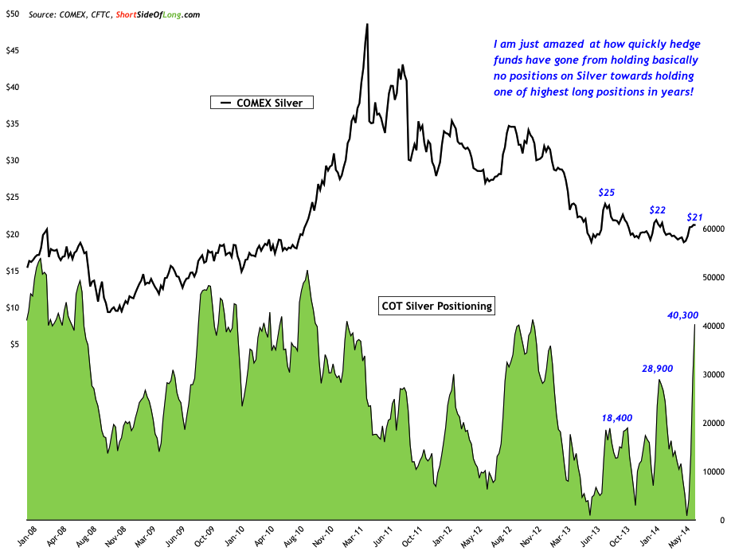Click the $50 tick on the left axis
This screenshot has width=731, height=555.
point(13,14)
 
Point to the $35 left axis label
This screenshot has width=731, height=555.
point(13,123)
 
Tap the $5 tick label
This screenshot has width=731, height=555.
point(15,344)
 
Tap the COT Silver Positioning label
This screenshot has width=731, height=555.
point(435,305)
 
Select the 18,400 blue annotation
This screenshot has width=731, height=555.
point(617,417)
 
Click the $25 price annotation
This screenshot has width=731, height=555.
point(607,193)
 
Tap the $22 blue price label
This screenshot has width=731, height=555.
point(658,210)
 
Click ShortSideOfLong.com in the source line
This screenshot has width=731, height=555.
point(156,14)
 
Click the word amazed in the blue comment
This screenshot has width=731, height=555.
point(550,45)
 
